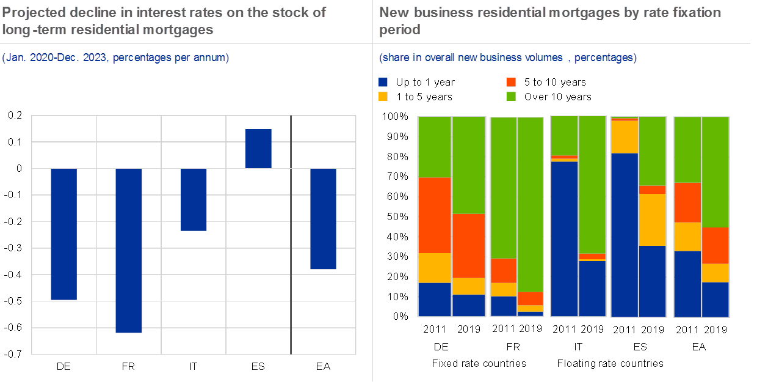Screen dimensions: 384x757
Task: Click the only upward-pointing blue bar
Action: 258,149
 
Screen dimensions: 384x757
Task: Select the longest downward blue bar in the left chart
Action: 129,250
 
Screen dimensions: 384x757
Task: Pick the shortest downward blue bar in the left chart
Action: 194,199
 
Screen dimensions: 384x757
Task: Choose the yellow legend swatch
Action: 383,96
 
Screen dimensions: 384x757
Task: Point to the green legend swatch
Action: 511,96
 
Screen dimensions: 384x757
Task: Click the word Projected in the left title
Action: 31,12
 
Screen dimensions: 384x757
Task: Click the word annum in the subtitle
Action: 211,58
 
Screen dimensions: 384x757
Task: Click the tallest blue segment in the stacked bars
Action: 625,235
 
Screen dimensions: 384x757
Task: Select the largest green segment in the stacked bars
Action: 530,204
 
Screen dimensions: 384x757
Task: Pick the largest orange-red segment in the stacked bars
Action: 434,215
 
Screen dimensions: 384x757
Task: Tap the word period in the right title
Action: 399,29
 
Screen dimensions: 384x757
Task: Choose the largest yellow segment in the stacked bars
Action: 652,220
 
